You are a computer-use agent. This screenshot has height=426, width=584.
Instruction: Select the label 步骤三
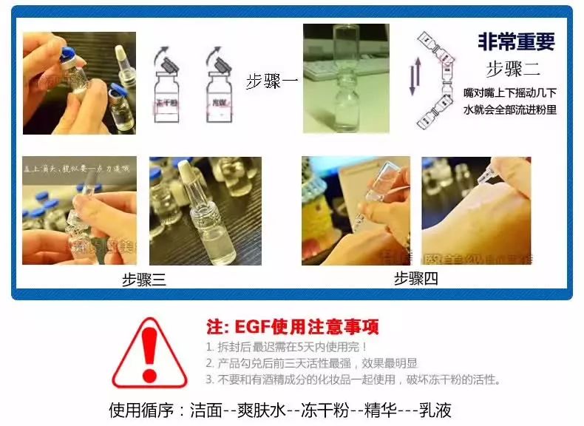[144, 280]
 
